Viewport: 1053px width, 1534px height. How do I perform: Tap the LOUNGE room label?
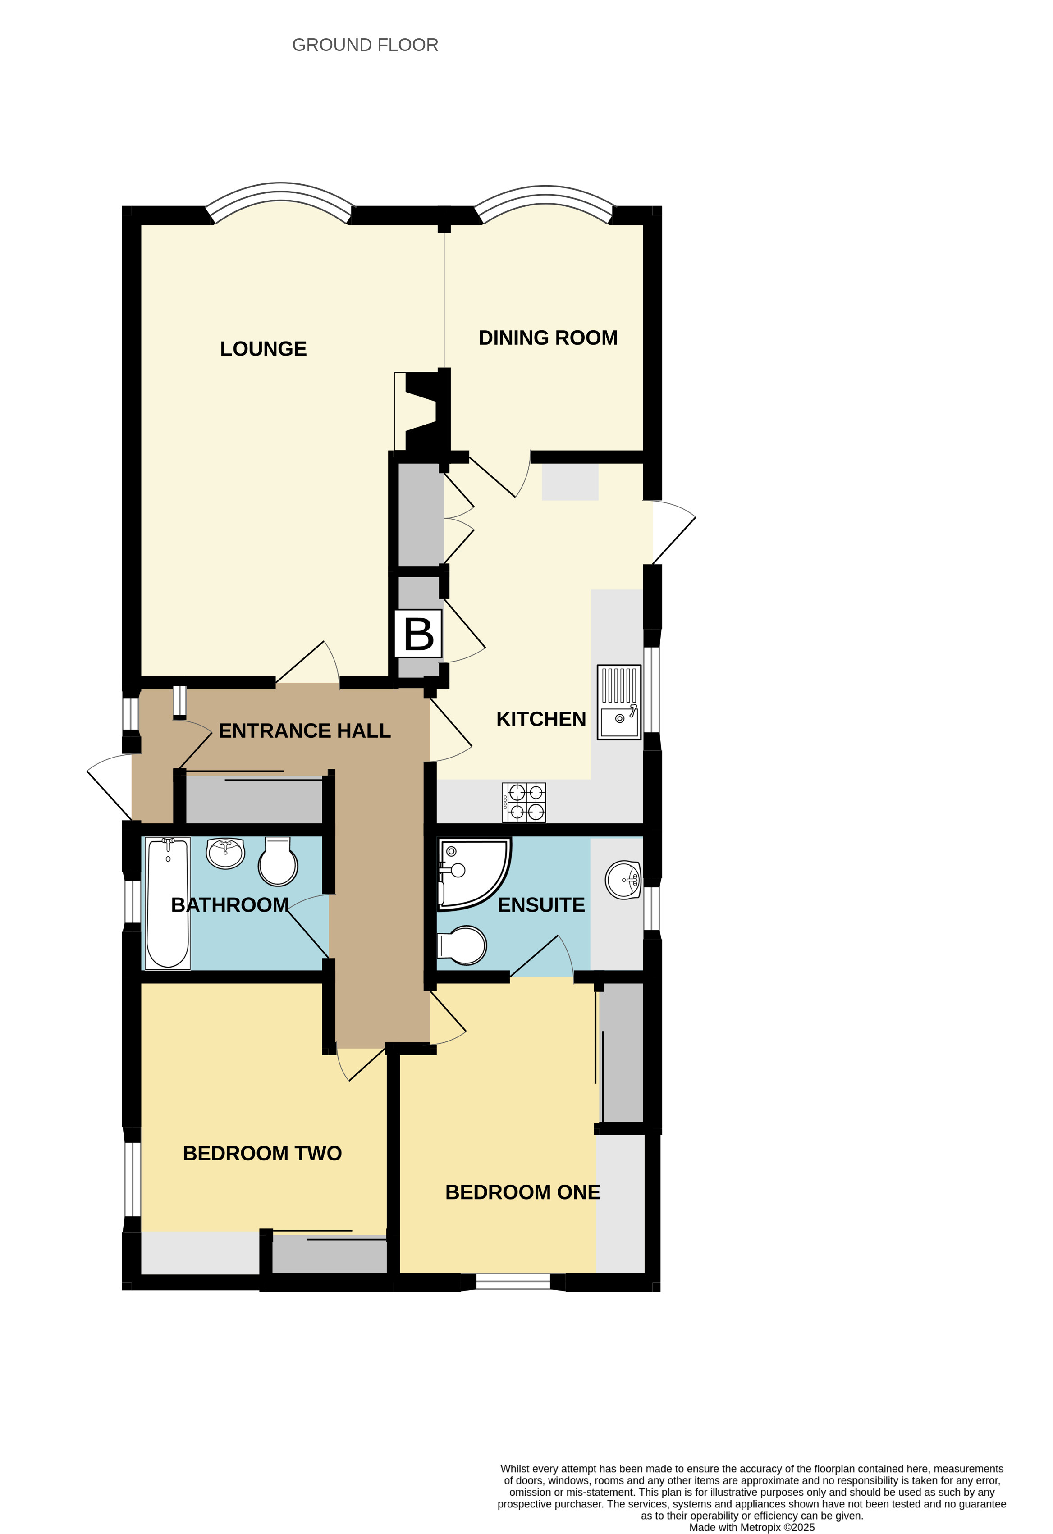tap(263, 348)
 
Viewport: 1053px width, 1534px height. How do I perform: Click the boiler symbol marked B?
tap(418, 634)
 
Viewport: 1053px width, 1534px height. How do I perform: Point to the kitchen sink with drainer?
tap(618, 702)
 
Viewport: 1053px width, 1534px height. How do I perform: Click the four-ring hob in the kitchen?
tap(523, 802)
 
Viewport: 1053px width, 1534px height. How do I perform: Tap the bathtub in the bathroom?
tap(168, 903)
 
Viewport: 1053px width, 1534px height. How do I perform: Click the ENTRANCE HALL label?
tap(304, 730)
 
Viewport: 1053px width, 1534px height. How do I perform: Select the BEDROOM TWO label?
tap(262, 1153)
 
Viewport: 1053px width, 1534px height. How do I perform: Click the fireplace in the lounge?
tap(422, 412)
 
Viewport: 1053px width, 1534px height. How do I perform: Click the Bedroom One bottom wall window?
tap(513, 1281)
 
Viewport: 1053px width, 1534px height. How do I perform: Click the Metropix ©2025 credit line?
tap(751, 1527)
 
